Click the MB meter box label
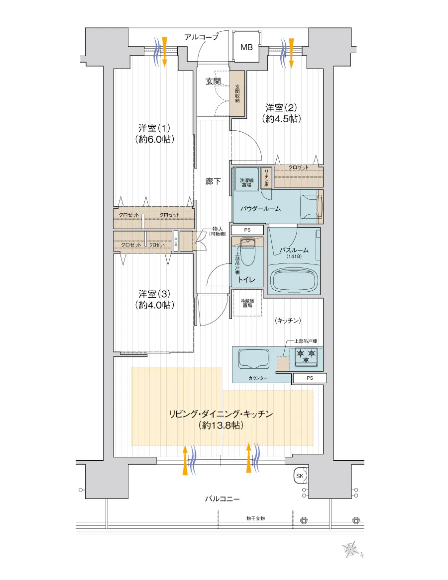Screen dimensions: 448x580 tap(246, 47)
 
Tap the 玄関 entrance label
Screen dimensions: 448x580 tap(213, 82)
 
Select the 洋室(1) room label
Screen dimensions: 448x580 tap(154, 128)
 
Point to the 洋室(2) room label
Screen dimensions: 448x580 tap(281, 108)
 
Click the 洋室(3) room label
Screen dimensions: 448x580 tap(154, 294)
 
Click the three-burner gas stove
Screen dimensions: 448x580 tap(306, 357)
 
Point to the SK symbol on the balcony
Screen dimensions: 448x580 tap(300, 476)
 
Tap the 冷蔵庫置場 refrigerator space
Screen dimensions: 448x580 tap(247, 303)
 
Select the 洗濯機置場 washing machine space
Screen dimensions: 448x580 tap(246, 180)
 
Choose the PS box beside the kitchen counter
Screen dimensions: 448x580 tap(310, 378)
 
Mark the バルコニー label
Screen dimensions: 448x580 tap(223, 499)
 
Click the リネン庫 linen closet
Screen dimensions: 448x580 tap(266, 178)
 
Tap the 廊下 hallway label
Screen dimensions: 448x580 tap(213, 181)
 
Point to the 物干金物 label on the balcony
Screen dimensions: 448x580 tap(256, 518)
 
